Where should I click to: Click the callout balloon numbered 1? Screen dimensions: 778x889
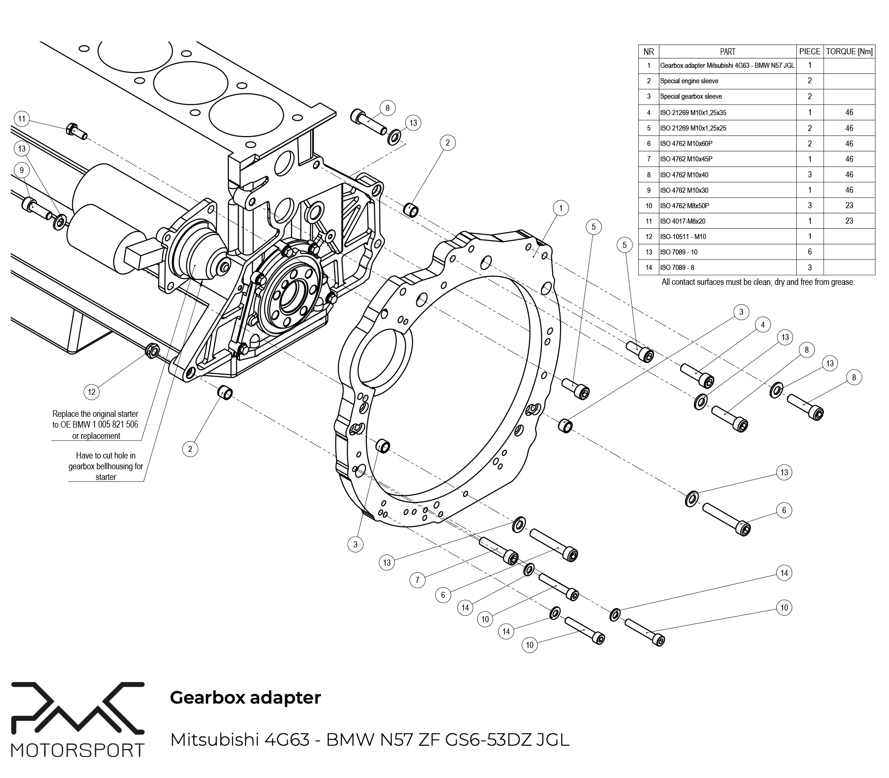(x=561, y=208)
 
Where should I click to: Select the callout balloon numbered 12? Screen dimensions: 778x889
(x=92, y=392)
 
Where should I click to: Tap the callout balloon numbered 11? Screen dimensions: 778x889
(x=22, y=119)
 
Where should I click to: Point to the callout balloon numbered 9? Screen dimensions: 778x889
(x=22, y=171)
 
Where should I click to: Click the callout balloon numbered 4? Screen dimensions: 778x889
(x=763, y=325)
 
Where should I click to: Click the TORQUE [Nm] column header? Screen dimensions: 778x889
(x=849, y=51)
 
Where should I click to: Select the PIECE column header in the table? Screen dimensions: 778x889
(x=809, y=51)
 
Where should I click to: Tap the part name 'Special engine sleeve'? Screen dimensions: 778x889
(x=689, y=81)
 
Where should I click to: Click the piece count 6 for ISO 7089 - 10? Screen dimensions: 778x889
(x=809, y=252)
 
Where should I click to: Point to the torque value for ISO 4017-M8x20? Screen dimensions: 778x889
(x=849, y=221)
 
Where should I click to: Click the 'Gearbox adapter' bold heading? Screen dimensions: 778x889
(x=245, y=698)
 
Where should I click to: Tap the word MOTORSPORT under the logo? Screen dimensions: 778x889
(x=78, y=750)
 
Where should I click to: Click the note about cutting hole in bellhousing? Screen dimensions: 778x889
(x=106, y=466)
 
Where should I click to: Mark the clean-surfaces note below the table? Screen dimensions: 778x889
(x=758, y=282)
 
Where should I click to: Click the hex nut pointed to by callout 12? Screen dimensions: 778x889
(x=153, y=350)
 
